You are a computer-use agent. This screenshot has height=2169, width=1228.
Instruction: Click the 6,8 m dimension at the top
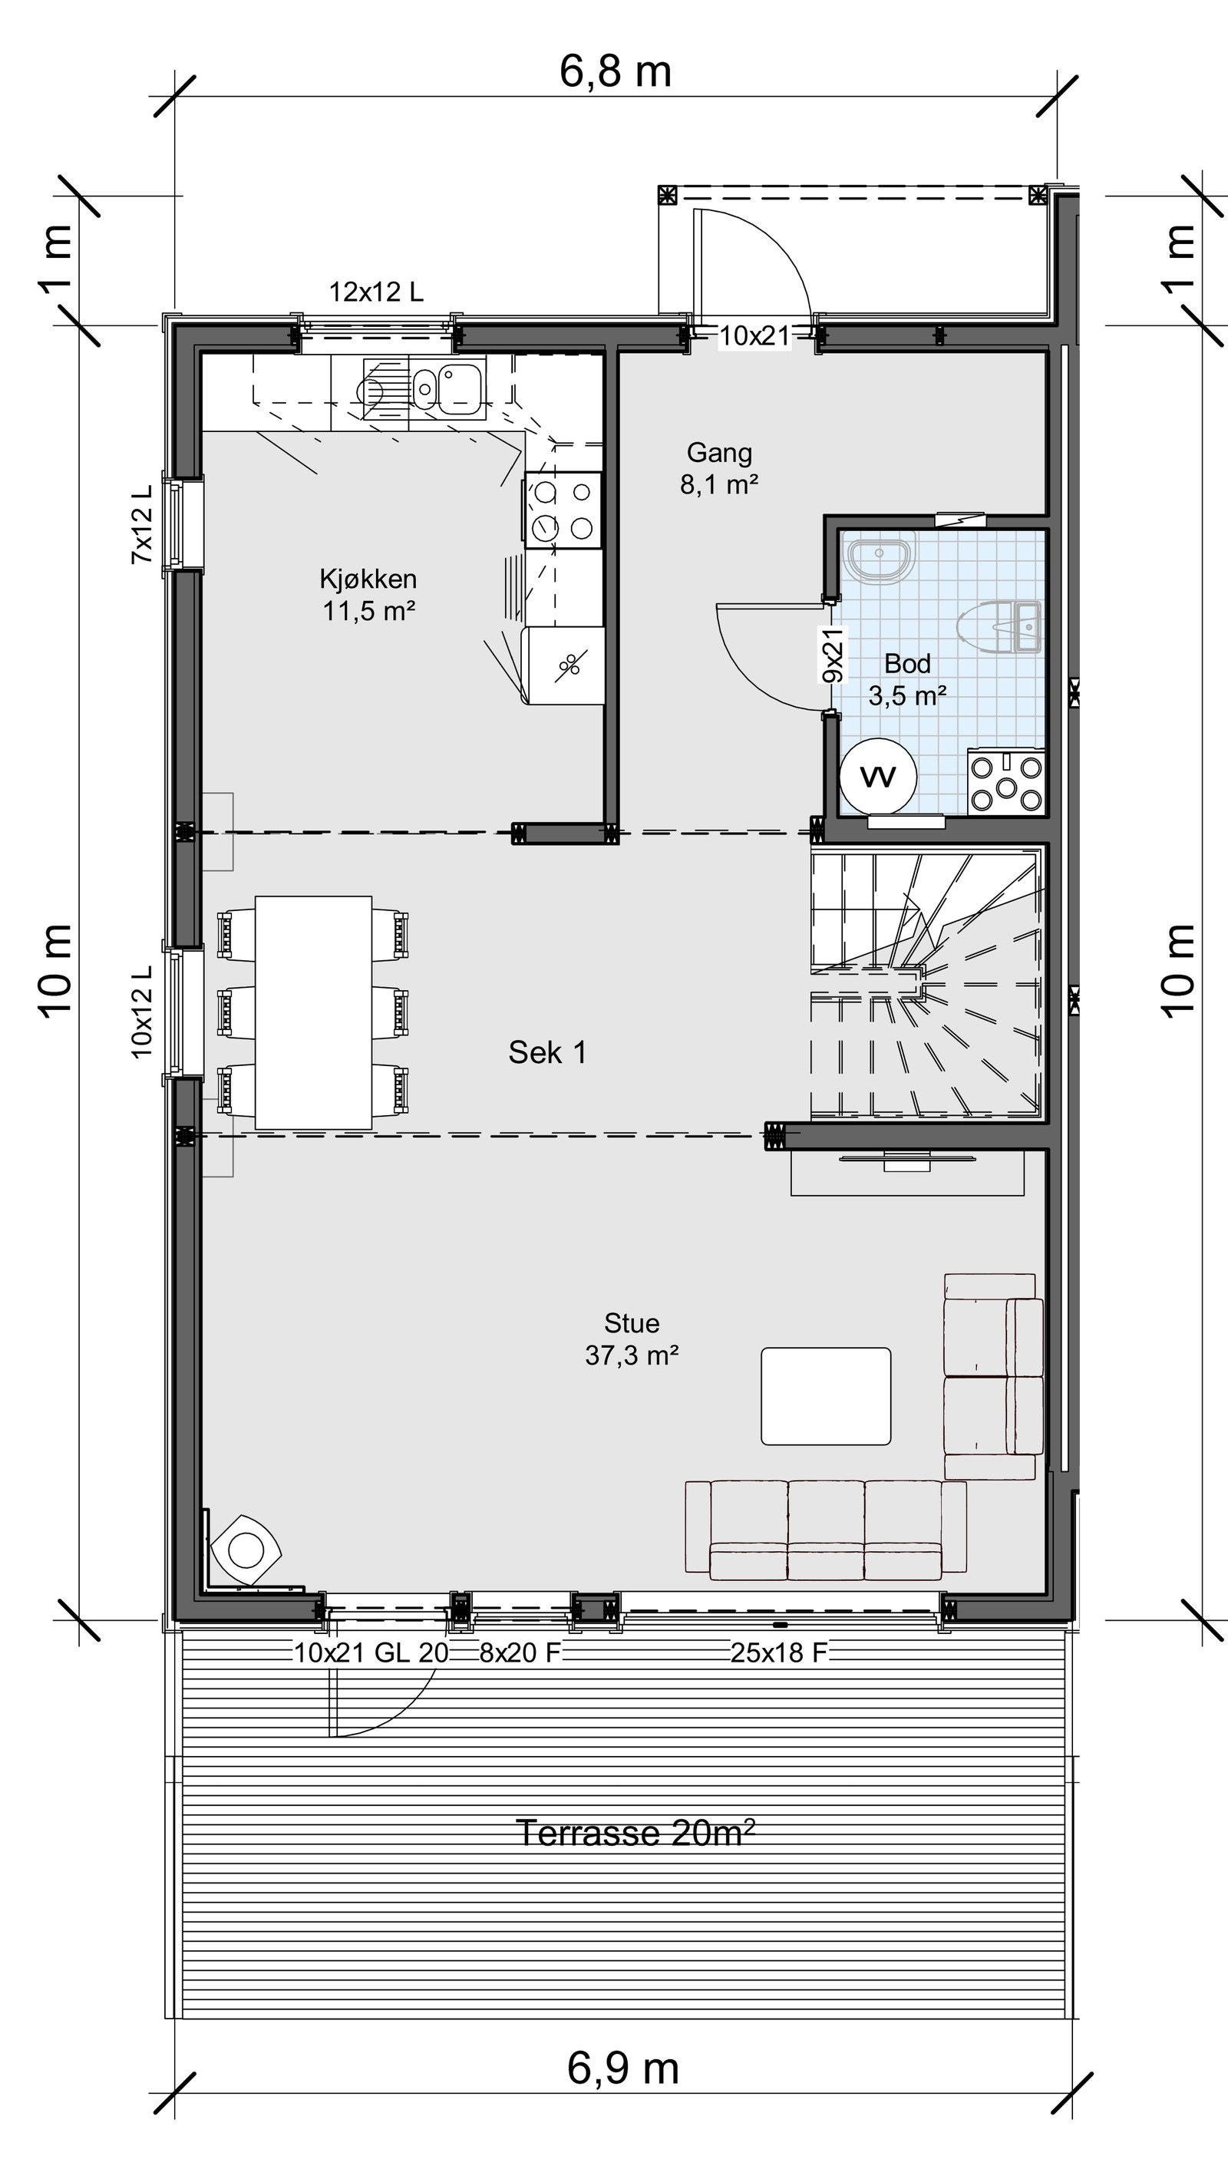click(615, 71)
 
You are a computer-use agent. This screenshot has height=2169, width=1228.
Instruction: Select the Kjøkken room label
click(368, 595)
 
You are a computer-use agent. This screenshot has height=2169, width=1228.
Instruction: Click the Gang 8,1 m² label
click(718, 468)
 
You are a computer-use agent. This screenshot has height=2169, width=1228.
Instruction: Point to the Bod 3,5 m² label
click(907, 678)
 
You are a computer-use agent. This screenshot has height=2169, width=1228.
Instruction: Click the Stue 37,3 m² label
click(632, 1339)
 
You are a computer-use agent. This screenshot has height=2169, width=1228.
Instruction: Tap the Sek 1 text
click(547, 1052)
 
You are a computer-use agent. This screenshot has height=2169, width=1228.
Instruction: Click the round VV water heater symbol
click(878, 776)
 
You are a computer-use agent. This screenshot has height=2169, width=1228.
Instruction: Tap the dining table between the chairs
click(314, 1012)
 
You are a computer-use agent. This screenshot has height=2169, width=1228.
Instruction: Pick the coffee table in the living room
click(826, 1395)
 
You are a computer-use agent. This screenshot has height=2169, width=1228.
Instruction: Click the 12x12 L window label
click(376, 292)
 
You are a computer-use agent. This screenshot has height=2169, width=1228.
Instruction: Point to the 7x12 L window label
click(142, 523)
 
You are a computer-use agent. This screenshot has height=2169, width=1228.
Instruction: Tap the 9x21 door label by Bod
click(832, 655)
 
